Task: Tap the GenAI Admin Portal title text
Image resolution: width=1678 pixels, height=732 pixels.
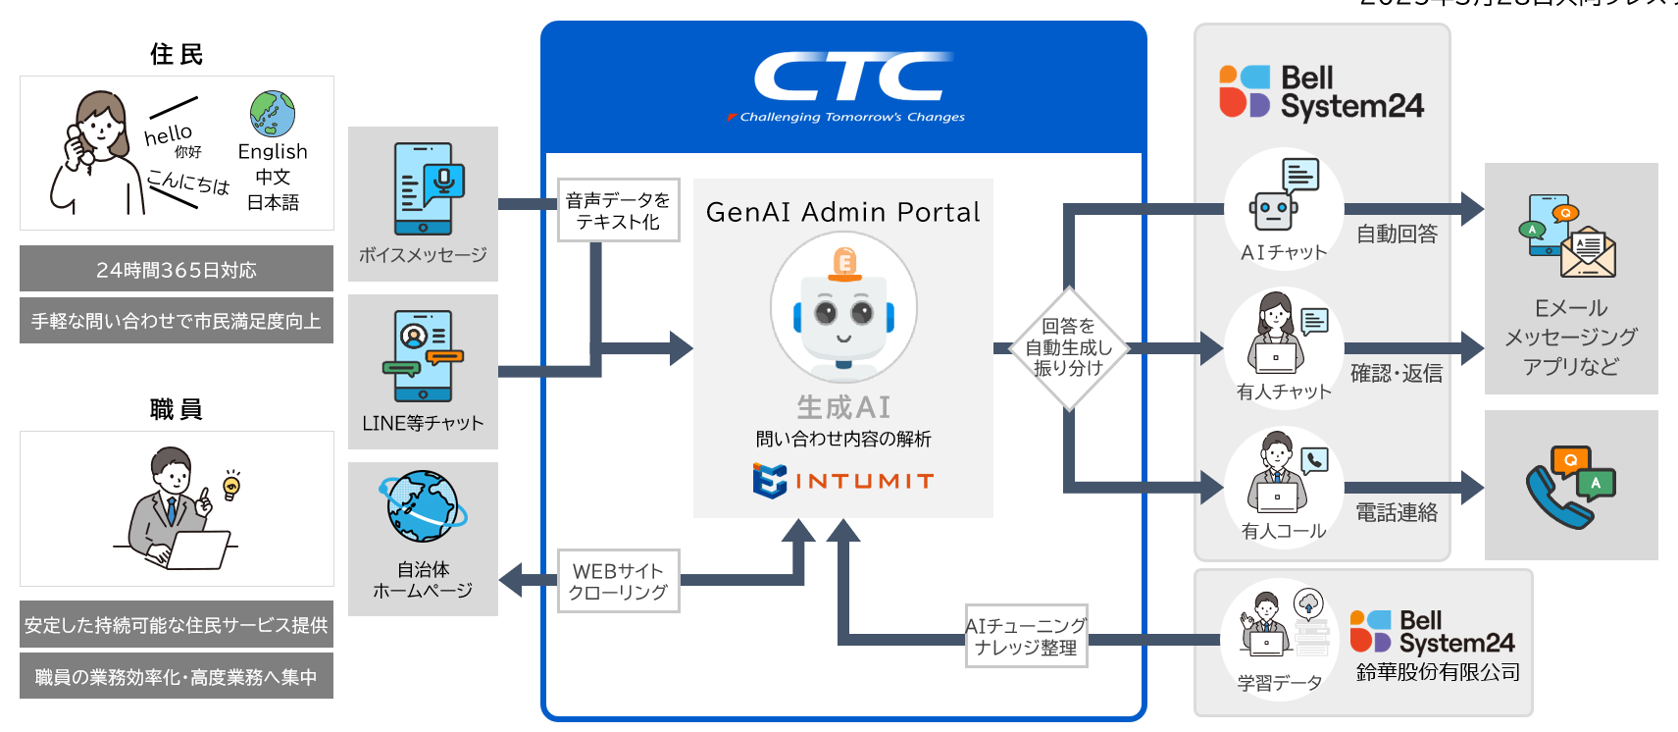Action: (842, 212)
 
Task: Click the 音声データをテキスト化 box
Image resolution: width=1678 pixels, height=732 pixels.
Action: (618, 210)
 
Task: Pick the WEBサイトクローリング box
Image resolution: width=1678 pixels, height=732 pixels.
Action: (618, 581)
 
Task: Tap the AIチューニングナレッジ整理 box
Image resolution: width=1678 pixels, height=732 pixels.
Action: (1026, 636)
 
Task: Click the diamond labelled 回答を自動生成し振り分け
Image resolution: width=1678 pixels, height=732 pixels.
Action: (1068, 347)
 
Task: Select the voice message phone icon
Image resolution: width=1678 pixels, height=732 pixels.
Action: (427, 188)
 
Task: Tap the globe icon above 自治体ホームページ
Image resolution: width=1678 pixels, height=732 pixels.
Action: (423, 506)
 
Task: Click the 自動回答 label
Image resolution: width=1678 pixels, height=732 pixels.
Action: (1397, 234)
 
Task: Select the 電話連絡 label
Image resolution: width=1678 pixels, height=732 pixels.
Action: (1397, 512)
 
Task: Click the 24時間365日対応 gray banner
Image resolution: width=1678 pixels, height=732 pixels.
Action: (177, 269)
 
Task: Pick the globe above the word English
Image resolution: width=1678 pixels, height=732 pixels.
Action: (273, 114)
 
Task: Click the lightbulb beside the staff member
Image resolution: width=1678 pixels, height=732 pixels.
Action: (232, 485)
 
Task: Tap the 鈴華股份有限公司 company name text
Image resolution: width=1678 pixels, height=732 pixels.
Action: (1438, 672)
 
